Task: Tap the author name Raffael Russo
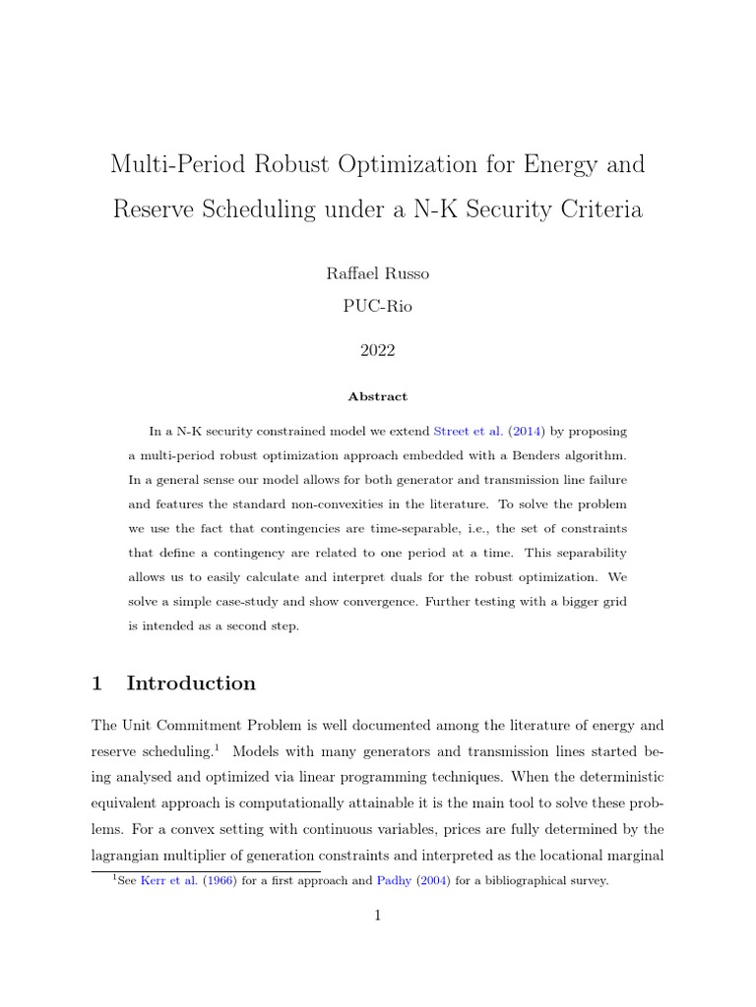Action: click(377, 273)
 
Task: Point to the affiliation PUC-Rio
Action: click(377, 306)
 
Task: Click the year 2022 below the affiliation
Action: click(377, 349)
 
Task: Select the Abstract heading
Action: click(377, 396)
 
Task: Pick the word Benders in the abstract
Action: click(537, 454)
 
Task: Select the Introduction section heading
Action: click(191, 683)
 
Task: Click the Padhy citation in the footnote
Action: click(396, 881)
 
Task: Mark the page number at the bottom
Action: click(377, 917)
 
